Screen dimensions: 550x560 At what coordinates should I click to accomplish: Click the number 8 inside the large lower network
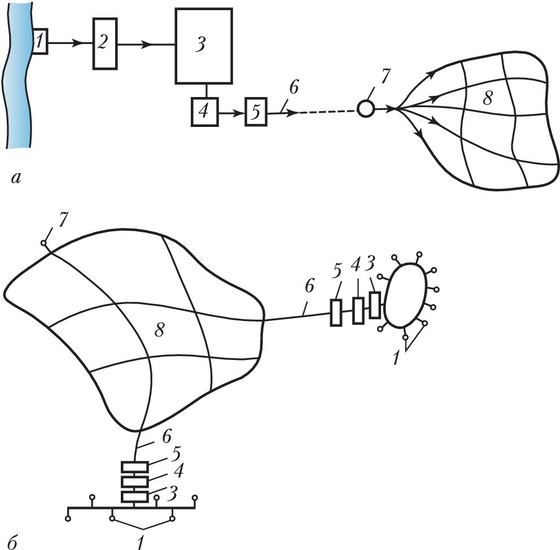point(160,332)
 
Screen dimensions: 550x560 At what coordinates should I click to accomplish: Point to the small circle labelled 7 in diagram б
point(43,244)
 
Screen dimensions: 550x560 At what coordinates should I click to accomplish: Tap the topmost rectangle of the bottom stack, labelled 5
point(135,467)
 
